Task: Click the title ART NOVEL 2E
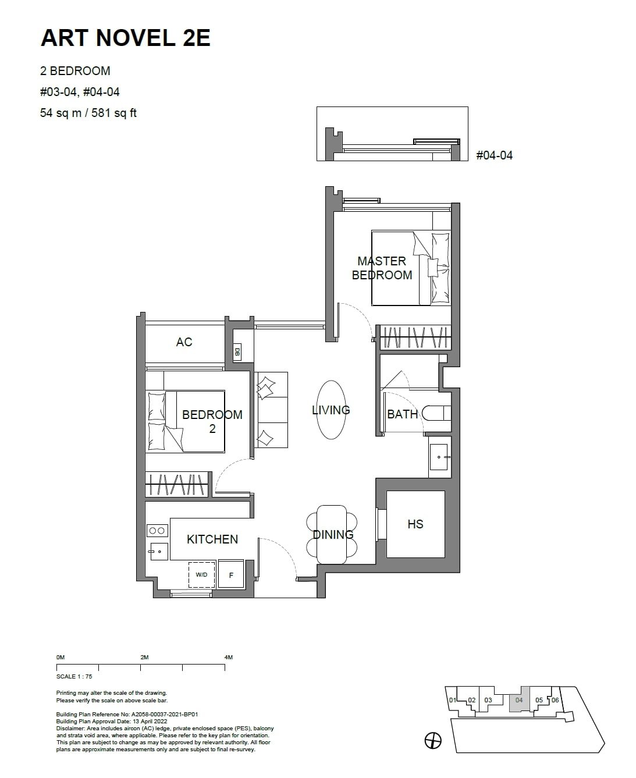pyautogui.click(x=125, y=38)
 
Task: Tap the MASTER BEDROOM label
pyautogui.click(x=382, y=268)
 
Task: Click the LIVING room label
pyautogui.click(x=331, y=410)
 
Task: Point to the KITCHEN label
pyautogui.click(x=212, y=539)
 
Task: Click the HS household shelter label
pyautogui.click(x=415, y=524)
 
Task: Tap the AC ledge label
pyautogui.click(x=184, y=342)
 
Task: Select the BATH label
pyautogui.click(x=402, y=414)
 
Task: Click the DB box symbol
pyautogui.click(x=237, y=351)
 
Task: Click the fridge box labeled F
pyautogui.click(x=231, y=575)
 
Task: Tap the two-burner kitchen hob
pyautogui.click(x=157, y=530)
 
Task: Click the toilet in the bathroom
pyautogui.click(x=436, y=413)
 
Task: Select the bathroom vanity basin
pyautogui.click(x=439, y=457)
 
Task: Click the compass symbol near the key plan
pyautogui.click(x=433, y=740)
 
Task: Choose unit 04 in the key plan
pyautogui.click(x=519, y=701)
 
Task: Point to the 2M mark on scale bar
pyautogui.click(x=144, y=657)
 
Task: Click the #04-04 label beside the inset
pyautogui.click(x=494, y=155)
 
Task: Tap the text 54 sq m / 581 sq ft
pyautogui.click(x=88, y=113)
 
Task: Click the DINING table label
pyautogui.click(x=333, y=535)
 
